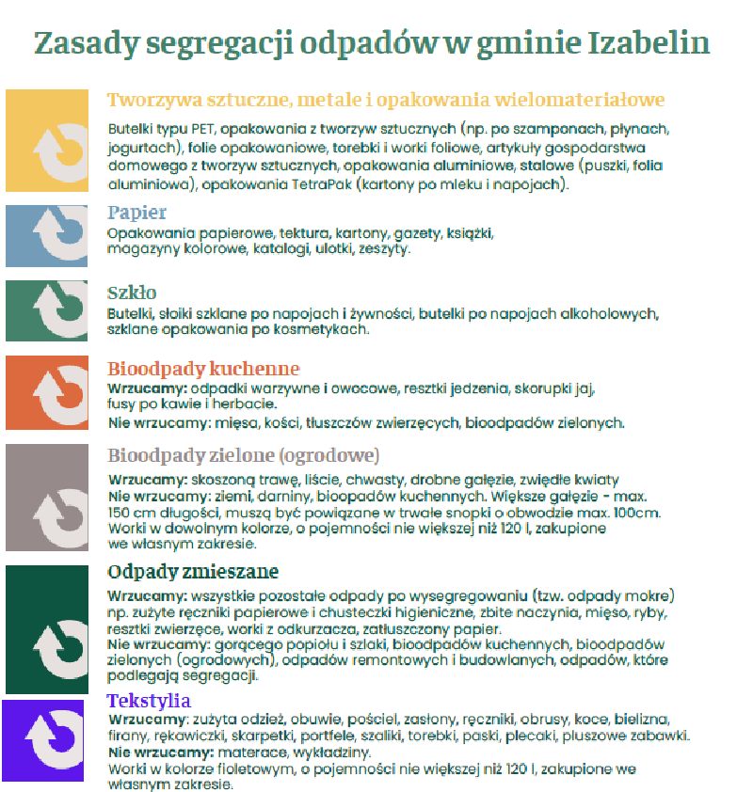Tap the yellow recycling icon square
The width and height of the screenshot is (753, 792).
(47, 141)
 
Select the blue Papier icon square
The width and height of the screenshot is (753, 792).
(47, 235)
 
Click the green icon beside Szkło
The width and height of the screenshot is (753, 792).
(47, 310)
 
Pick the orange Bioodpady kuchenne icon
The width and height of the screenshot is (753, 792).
(47, 393)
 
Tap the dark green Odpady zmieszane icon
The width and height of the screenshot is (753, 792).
(47, 629)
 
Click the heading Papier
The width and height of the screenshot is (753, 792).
(136, 213)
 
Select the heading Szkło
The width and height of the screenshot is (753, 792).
(132, 293)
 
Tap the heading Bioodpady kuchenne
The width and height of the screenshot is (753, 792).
(203, 369)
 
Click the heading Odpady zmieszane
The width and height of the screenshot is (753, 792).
(193, 572)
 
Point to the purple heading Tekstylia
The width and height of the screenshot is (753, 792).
(149, 701)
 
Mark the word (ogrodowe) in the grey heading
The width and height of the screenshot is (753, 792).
(326, 456)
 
